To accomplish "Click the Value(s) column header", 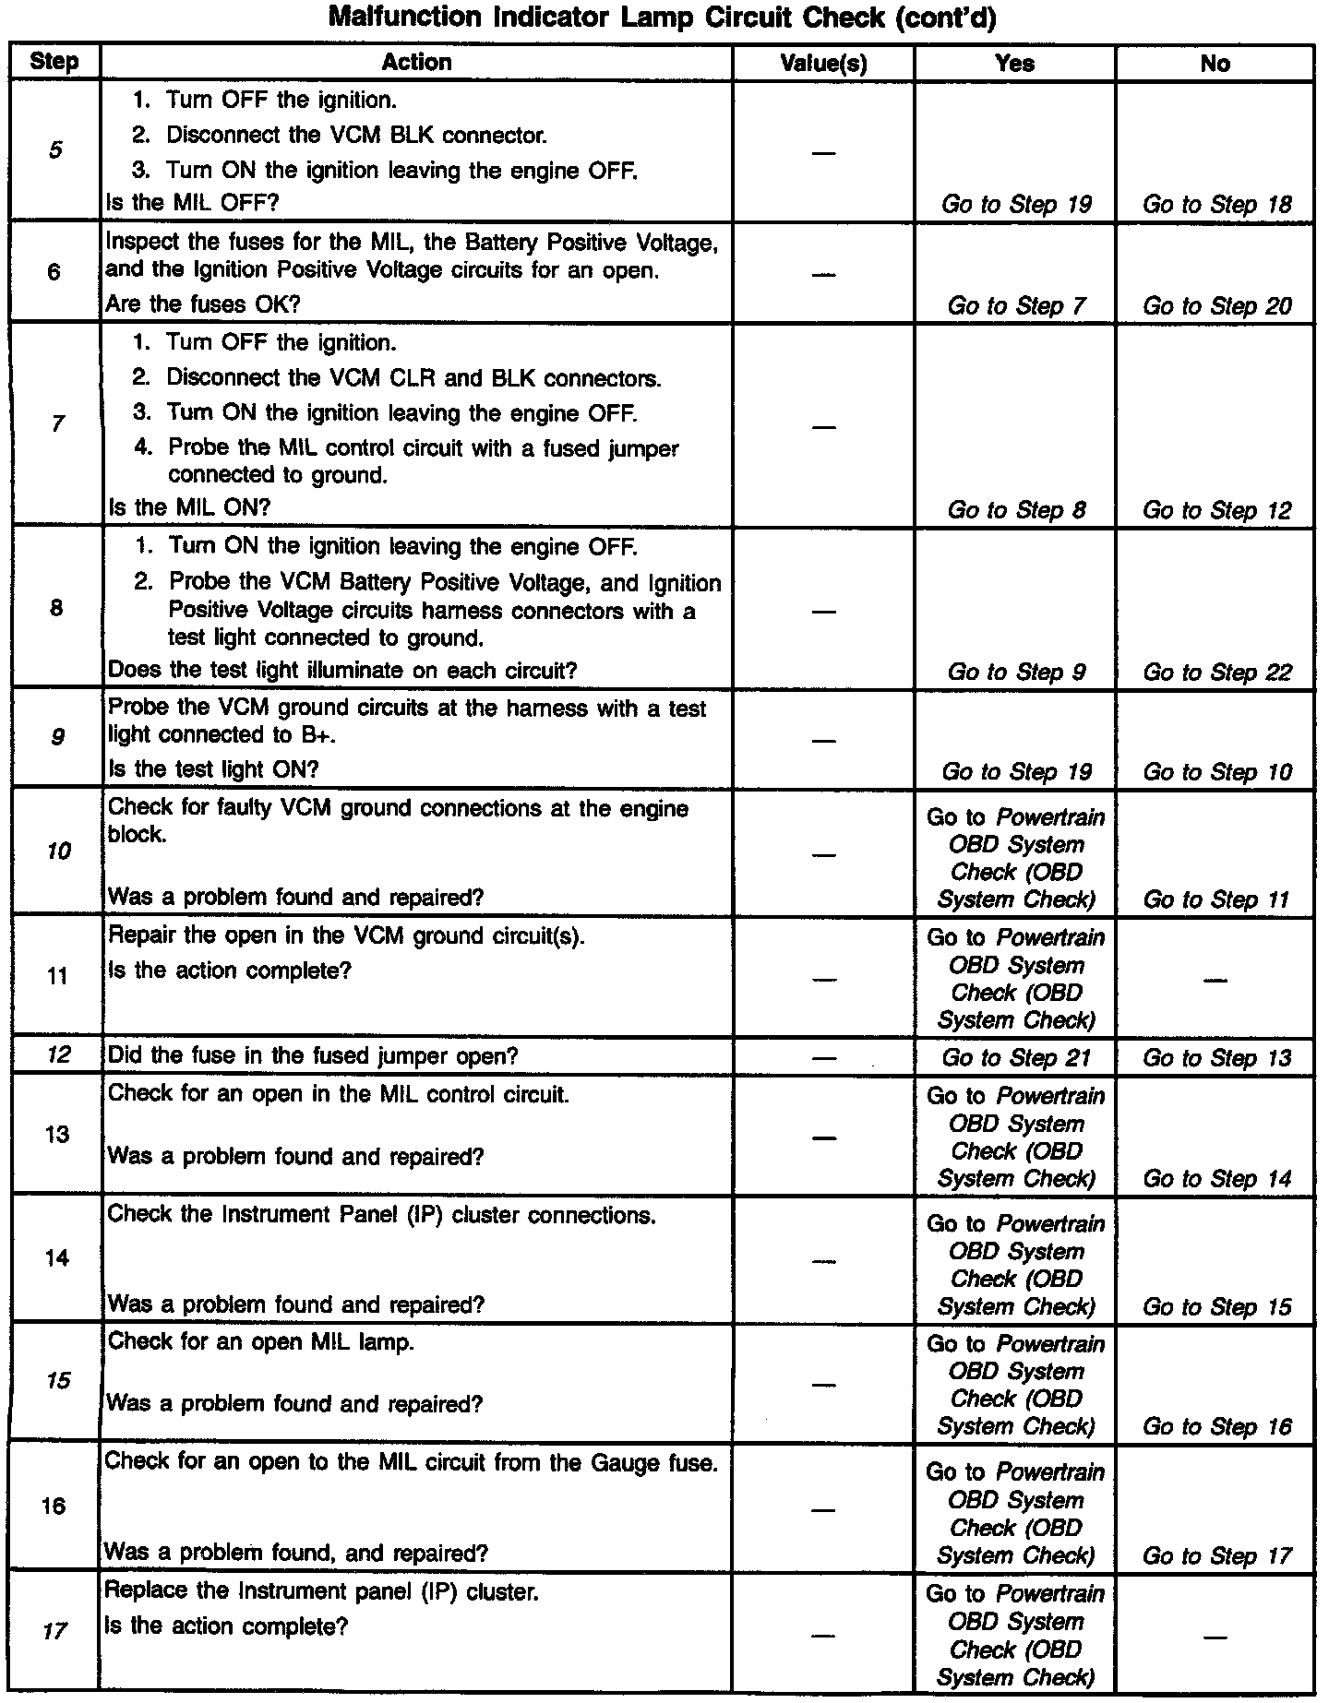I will (823, 64).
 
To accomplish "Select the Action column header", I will (416, 63).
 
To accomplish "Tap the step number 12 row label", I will (57, 1054).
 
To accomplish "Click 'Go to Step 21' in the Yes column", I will (1015, 1058).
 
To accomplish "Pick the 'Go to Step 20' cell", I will (1216, 306).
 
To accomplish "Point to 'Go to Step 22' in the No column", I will (1216, 673).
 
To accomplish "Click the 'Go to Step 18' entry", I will (1216, 205).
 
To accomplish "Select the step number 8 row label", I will (56, 608).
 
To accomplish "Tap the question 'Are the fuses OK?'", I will (203, 304).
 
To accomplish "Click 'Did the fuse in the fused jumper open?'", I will (313, 1056).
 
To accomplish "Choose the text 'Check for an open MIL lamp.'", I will (261, 1341).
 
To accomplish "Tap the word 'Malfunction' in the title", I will (408, 18).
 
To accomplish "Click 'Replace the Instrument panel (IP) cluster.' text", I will (321, 1591).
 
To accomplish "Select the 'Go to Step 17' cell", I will (1216, 1556).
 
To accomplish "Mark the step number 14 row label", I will (57, 1258).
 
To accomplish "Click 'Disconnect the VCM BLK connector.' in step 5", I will (356, 136).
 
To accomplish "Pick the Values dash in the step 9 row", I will (823, 741).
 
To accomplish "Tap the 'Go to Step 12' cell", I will (1216, 510).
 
